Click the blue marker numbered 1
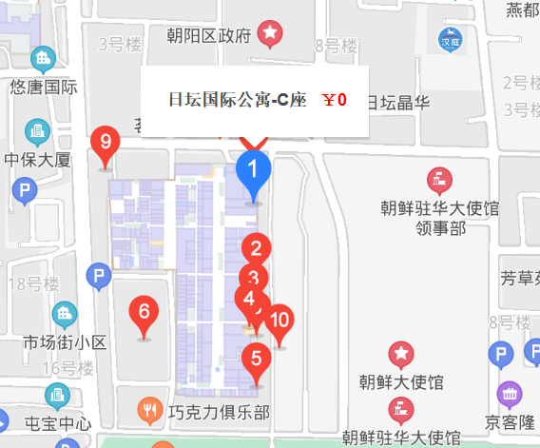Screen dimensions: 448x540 click(253, 172)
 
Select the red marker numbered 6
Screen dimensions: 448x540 click(144, 312)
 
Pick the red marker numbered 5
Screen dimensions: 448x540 click(254, 360)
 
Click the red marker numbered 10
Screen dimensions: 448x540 click(279, 321)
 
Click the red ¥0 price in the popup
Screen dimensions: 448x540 click(335, 100)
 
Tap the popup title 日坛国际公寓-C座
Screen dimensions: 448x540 click(237, 100)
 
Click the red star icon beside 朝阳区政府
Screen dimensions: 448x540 click(271, 35)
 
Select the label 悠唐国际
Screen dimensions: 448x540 click(43, 87)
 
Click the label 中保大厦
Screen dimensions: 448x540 click(38, 159)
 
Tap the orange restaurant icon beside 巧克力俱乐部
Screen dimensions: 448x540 click(149, 410)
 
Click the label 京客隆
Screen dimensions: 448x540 click(511, 421)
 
